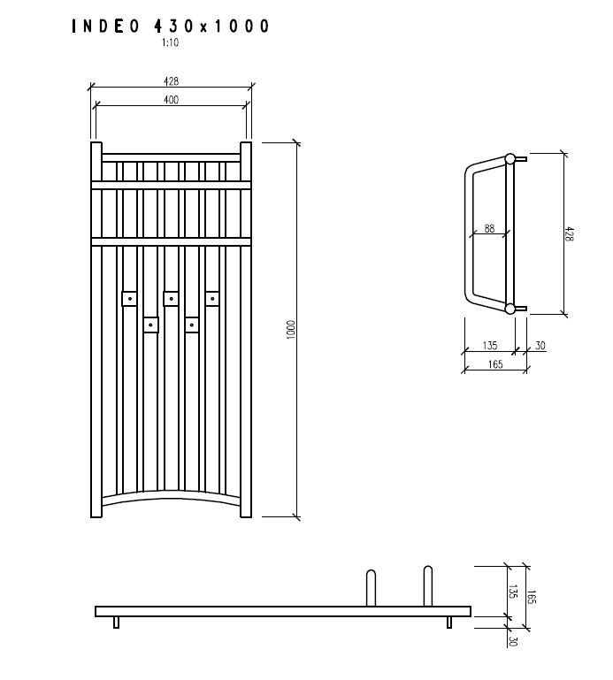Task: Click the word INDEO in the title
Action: point(105,27)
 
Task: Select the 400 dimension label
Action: point(171,100)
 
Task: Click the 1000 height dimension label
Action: point(290,329)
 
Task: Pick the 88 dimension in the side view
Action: point(489,228)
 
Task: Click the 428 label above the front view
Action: point(171,81)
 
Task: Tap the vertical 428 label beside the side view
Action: point(570,233)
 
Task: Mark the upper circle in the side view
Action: point(510,159)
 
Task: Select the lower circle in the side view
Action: point(510,308)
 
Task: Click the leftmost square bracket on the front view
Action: point(129,299)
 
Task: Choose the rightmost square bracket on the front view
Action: point(212,299)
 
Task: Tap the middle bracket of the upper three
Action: point(171,299)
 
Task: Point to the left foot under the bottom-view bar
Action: point(116,623)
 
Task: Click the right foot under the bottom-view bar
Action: point(449,623)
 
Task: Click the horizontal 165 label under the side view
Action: point(494,364)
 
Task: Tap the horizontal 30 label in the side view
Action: point(540,346)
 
